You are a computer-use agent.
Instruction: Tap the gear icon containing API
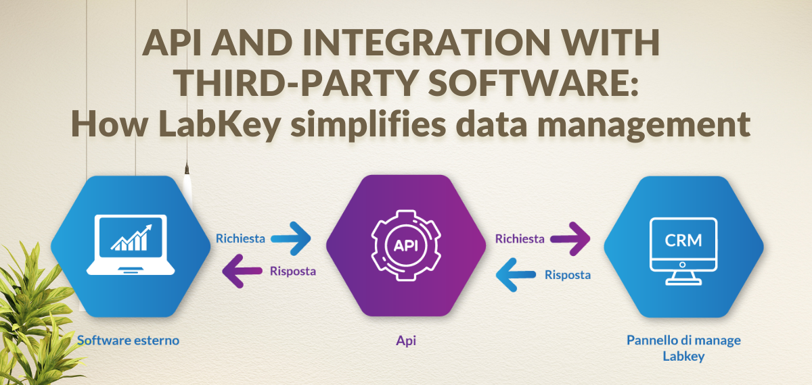pyautogui.click(x=405, y=245)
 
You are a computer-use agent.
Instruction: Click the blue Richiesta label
pyautogui.click(x=240, y=238)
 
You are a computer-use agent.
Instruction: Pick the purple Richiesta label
pyautogui.click(x=520, y=238)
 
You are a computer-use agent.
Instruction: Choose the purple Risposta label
pyautogui.click(x=292, y=271)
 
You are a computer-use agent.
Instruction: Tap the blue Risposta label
pyautogui.click(x=568, y=275)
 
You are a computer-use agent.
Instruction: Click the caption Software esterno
pyautogui.click(x=129, y=340)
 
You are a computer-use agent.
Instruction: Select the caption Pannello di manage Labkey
pyautogui.click(x=683, y=348)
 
